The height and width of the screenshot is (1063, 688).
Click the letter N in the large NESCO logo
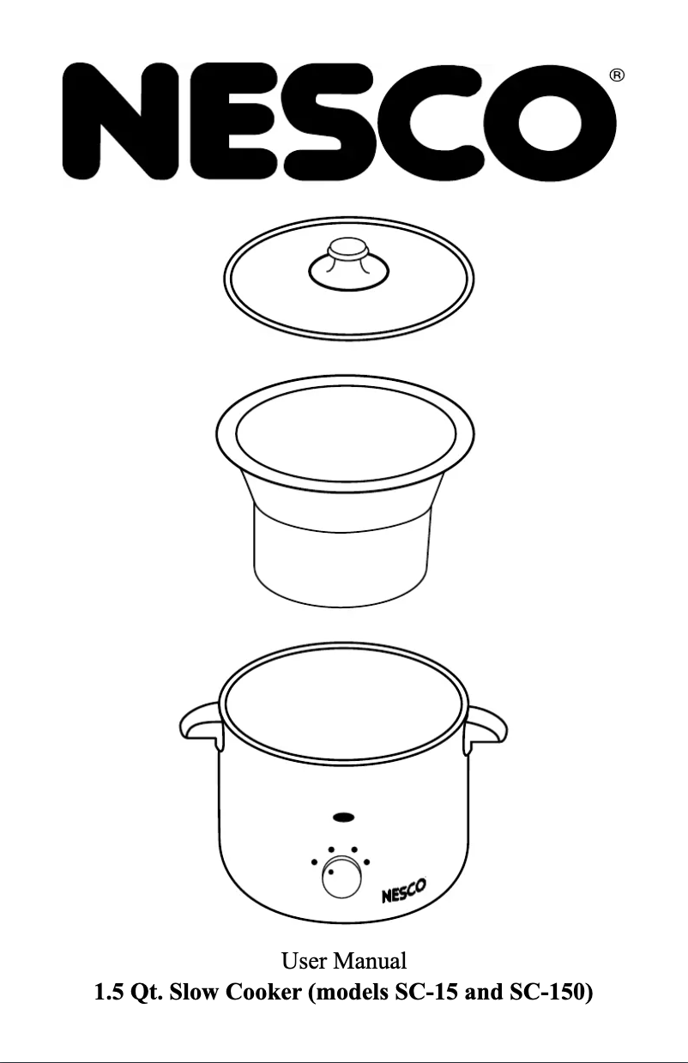click(122, 121)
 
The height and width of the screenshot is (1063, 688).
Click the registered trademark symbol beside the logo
click(617, 75)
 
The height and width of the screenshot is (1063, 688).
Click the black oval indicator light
click(344, 817)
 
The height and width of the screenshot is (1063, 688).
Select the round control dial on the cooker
click(341, 877)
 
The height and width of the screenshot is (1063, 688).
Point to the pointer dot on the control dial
click(331, 872)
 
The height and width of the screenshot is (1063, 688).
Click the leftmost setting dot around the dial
click(314, 861)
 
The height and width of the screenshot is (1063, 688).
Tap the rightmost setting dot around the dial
click(367, 862)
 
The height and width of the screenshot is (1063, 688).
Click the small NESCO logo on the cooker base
click(404, 890)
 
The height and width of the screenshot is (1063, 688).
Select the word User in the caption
click(304, 961)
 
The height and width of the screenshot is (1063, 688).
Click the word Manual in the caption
click(370, 961)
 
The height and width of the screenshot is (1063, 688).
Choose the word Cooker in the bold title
click(263, 992)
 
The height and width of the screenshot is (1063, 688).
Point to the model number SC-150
click(547, 992)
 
